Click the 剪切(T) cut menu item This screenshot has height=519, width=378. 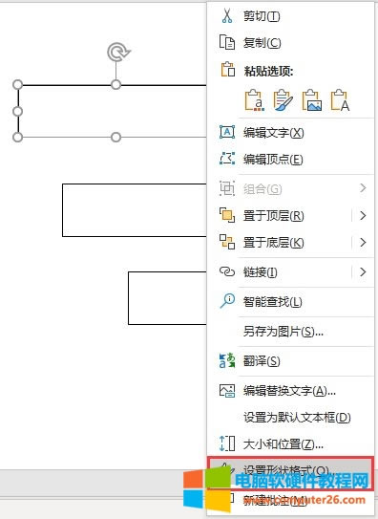tap(262, 16)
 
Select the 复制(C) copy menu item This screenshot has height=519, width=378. tap(262, 42)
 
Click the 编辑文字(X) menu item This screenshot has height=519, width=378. tap(273, 132)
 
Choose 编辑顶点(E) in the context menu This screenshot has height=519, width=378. tap(273, 159)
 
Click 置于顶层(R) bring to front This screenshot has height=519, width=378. tap(273, 215)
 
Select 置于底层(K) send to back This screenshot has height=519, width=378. tap(273, 243)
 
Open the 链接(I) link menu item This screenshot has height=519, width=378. tap(260, 272)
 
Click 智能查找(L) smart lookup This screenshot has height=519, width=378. tap(272, 302)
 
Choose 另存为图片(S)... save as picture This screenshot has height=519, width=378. tap(283, 332)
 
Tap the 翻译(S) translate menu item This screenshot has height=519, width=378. tap(261, 360)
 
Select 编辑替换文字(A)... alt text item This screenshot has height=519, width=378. tap(289, 390)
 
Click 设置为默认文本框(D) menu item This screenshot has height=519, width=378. tap(297, 417)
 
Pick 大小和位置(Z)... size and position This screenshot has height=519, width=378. tap(283, 444)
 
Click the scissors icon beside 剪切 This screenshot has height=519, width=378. tap(227, 16)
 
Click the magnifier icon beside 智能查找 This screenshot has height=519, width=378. tap(227, 302)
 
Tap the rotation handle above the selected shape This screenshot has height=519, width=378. tap(116, 52)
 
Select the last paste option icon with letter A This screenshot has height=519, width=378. tap(340, 99)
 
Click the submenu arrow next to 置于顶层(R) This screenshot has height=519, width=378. tap(363, 215)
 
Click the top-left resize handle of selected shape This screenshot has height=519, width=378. tap(18, 85)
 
